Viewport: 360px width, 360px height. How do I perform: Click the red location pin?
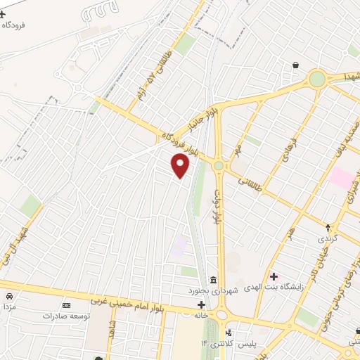pos(181,166)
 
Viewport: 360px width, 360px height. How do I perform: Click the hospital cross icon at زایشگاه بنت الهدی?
pos(274,276)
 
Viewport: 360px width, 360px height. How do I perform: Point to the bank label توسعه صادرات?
pos(67,316)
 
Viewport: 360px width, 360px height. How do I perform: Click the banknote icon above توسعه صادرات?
pos(67,305)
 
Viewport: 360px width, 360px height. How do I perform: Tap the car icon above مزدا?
pos(10,297)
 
